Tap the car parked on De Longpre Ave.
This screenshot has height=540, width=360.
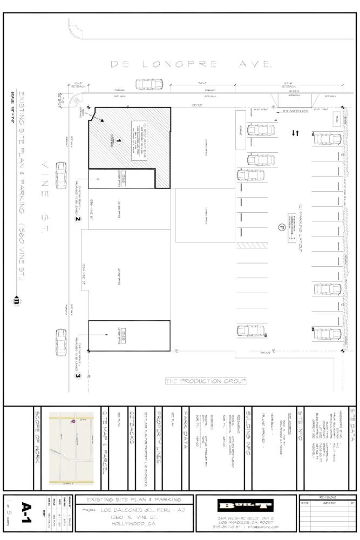click(x=149, y=85)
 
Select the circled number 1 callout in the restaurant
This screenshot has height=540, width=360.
click(x=118, y=141)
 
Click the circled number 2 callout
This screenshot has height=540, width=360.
click(x=78, y=219)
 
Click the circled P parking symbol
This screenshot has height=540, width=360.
click(x=281, y=227)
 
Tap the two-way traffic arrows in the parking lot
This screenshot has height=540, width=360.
click(x=295, y=132)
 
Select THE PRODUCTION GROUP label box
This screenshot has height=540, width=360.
click(x=206, y=381)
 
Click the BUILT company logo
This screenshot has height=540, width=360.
click(x=246, y=505)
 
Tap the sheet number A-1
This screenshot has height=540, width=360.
click(x=26, y=508)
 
